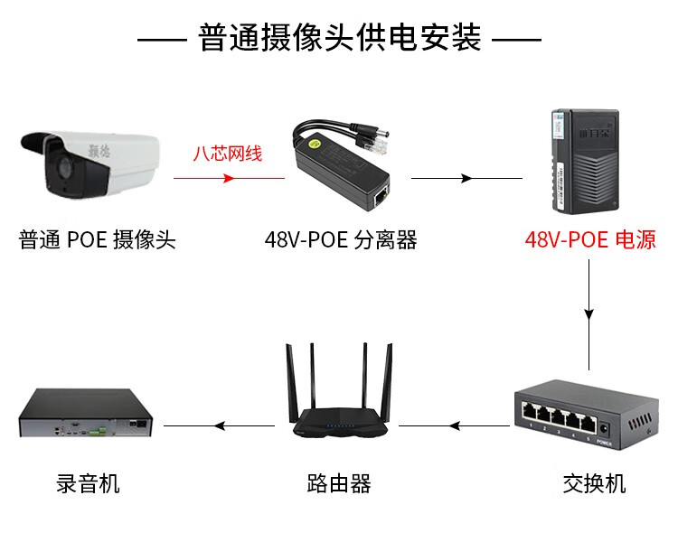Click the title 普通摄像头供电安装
(x=339, y=39)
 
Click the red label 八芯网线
(x=228, y=153)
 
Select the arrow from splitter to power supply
(x=466, y=178)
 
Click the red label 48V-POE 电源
(x=590, y=240)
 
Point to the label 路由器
(x=339, y=483)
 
